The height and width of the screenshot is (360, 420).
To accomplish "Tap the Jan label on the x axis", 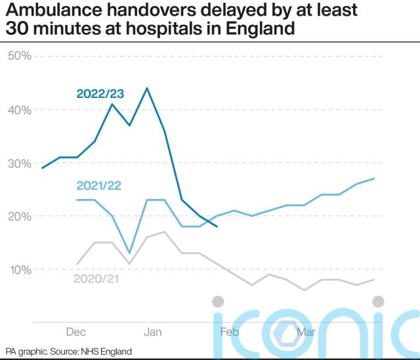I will pyautogui.click(x=153, y=332).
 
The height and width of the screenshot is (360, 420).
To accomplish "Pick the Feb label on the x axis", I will pyautogui.click(x=230, y=332).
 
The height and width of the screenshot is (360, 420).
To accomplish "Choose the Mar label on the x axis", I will pyautogui.click(x=305, y=332).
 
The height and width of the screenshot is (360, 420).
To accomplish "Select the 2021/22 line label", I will pyautogui.click(x=99, y=187).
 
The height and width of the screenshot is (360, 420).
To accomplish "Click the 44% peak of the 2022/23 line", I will pyautogui.click(x=147, y=88).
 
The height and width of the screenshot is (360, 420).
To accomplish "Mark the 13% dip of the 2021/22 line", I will pyautogui.click(x=129, y=253).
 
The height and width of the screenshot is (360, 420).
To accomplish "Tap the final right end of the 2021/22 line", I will pyautogui.click(x=374, y=179).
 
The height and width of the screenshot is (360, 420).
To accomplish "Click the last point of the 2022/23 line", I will pyautogui.click(x=217, y=227).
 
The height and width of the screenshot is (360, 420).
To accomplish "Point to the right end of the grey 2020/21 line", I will pyautogui.click(x=374, y=280).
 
